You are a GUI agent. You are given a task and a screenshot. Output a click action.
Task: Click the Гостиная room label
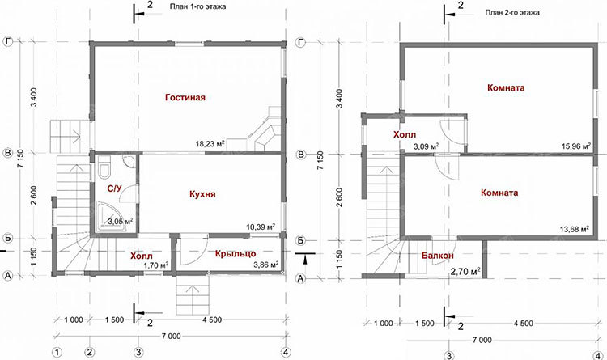pyautogui.click(x=185, y=97)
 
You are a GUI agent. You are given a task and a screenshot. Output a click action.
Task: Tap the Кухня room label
pyautogui.click(x=202, y=194)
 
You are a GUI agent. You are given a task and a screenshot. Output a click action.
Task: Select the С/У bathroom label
pyautogui.click(x=114, y=188)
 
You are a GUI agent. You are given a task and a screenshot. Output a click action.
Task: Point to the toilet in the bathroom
pyautogui.click(x=104, y=167)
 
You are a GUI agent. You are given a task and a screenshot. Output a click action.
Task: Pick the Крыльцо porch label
pyautogui.click(x=236, y=254)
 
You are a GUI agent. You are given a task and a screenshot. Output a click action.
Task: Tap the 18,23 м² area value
pyautogui.click(x=210, y=144)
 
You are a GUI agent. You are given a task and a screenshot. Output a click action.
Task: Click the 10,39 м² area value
pyautogui.click(x=261, y=227)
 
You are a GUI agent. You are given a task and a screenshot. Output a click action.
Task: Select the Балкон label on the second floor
pyautogui.click(x=437, y=256)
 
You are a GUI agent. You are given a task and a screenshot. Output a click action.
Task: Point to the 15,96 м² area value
pyautogui.click(x=576, y=146)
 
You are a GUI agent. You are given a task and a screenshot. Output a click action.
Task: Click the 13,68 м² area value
pyautogui.click(x=575, y=229)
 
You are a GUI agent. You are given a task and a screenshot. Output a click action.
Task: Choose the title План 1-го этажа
pyautogui.click(x=197, y=6)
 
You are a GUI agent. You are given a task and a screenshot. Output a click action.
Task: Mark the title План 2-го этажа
pyautogui.click(x=512, y=12)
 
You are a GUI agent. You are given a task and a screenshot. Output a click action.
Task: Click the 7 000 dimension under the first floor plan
pyautogui.click(x=171, y=336)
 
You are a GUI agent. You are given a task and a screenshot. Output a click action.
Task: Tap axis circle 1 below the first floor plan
pyautogui.click(x=57, y=352)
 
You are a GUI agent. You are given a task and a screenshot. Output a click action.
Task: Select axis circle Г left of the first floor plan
pyautogui.click(x=8, y=41)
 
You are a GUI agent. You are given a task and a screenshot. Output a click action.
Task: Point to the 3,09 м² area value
pyautogui.click(x=426, y=146)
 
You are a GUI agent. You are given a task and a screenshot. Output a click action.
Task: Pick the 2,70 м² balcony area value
pyautogui.click(x=465, y=272)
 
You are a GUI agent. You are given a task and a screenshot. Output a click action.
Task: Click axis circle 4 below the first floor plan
pyautogui.click(x=286, y=352)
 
